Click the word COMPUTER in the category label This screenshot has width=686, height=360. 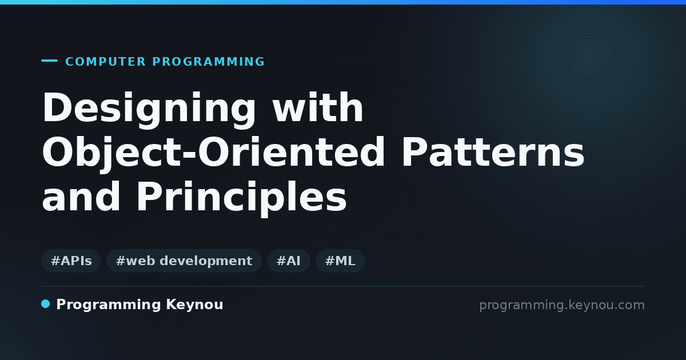coord(105,62)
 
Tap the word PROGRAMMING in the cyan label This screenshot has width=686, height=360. coord(208,62)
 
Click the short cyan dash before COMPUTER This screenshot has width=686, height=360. coord(49,61)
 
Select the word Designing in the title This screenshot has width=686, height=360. coord(149,109)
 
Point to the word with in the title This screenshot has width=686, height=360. coord(318,107)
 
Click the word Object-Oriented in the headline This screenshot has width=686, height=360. coord(213,154)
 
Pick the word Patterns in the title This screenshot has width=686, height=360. coord(493,152)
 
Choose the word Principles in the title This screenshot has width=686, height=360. coord(242,198)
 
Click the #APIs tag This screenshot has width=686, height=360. coord(71,261)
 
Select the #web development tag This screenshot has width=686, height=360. coord(184,261)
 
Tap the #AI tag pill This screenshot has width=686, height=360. coord(289,261)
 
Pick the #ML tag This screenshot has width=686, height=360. coord(340,261)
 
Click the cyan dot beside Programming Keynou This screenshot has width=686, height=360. coord(45,304)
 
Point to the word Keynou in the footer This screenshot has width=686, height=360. coord(194,305)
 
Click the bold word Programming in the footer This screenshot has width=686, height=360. coord(109,305)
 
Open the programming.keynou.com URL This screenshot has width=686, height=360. coord(562,305)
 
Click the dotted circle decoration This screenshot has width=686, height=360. coord(591,56)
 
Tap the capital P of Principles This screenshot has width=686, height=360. coord(149,196)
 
